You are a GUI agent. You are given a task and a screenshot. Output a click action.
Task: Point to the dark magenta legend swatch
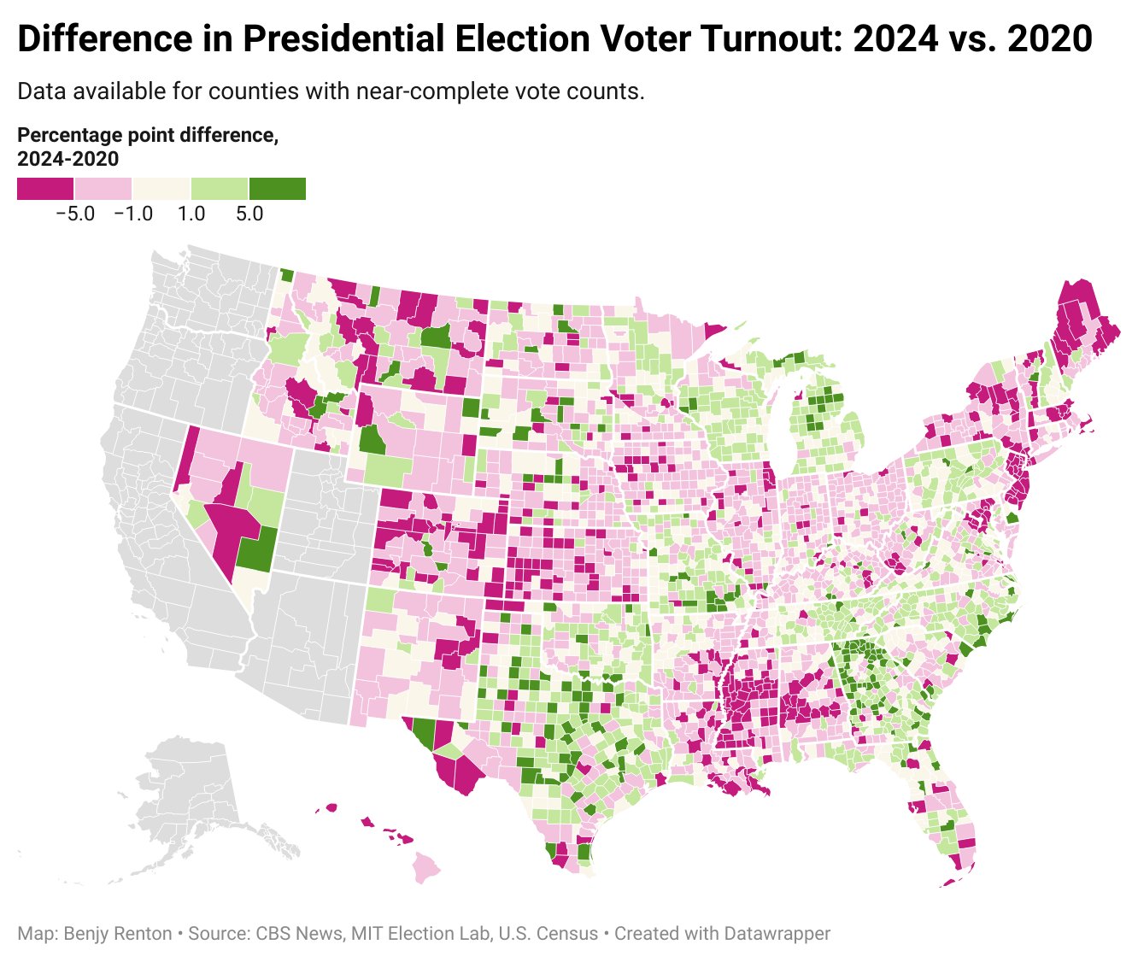45,189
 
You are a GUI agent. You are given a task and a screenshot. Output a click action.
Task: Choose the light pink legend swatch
103,189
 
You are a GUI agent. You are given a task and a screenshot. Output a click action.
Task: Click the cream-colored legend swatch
161,189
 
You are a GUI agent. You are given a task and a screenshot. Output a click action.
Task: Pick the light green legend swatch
220,189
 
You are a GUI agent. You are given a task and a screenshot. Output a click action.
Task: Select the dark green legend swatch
278,189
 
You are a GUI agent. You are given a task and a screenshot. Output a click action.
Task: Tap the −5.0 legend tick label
74,214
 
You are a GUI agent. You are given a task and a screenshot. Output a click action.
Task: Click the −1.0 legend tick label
132,214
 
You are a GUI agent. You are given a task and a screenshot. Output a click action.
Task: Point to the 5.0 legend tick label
249,214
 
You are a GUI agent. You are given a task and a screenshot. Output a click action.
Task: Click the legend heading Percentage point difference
148,136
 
